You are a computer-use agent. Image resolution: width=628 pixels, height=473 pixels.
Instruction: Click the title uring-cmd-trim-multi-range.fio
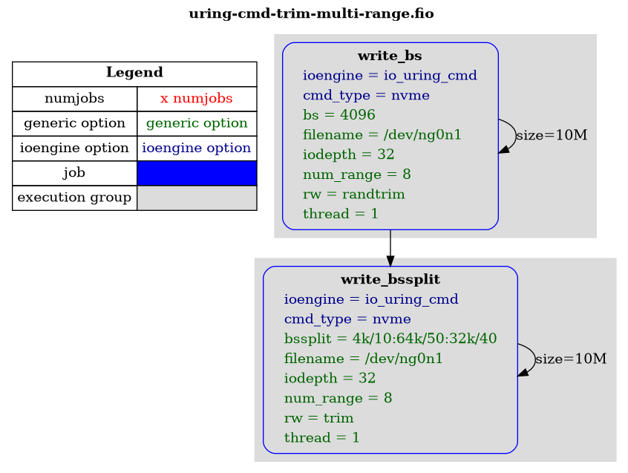311,13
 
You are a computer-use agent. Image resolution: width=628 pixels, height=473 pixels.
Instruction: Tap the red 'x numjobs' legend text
196,99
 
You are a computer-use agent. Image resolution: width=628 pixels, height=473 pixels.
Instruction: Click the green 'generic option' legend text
197,123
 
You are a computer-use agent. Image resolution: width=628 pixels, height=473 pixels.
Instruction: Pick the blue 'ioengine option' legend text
197,149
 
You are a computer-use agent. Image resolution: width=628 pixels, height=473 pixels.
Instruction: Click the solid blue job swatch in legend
197,173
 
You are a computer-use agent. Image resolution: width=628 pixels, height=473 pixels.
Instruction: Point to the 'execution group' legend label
74,198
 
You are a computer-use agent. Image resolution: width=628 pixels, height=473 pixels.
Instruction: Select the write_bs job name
390,56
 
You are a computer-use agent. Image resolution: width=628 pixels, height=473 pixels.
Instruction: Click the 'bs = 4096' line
338,115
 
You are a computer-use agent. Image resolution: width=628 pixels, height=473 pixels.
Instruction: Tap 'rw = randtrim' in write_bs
353,195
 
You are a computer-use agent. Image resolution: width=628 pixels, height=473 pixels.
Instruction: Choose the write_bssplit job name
390,279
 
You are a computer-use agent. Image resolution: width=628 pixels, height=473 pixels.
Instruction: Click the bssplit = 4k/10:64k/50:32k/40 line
390,339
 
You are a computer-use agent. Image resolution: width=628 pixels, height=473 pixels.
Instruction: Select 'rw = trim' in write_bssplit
318,418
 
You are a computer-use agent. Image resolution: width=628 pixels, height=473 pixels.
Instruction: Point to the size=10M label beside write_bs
552,135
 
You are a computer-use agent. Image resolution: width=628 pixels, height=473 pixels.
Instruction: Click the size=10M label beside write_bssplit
571,359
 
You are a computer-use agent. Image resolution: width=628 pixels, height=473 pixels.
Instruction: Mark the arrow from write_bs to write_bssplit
390,248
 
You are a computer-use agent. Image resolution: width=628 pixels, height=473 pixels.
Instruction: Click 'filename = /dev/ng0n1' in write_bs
382,135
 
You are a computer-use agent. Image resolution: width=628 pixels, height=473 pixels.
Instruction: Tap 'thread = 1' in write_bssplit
321,438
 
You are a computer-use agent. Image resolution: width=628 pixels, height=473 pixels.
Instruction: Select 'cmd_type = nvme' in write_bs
366,95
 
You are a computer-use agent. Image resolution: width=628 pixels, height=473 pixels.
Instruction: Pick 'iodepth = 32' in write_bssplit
330,379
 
